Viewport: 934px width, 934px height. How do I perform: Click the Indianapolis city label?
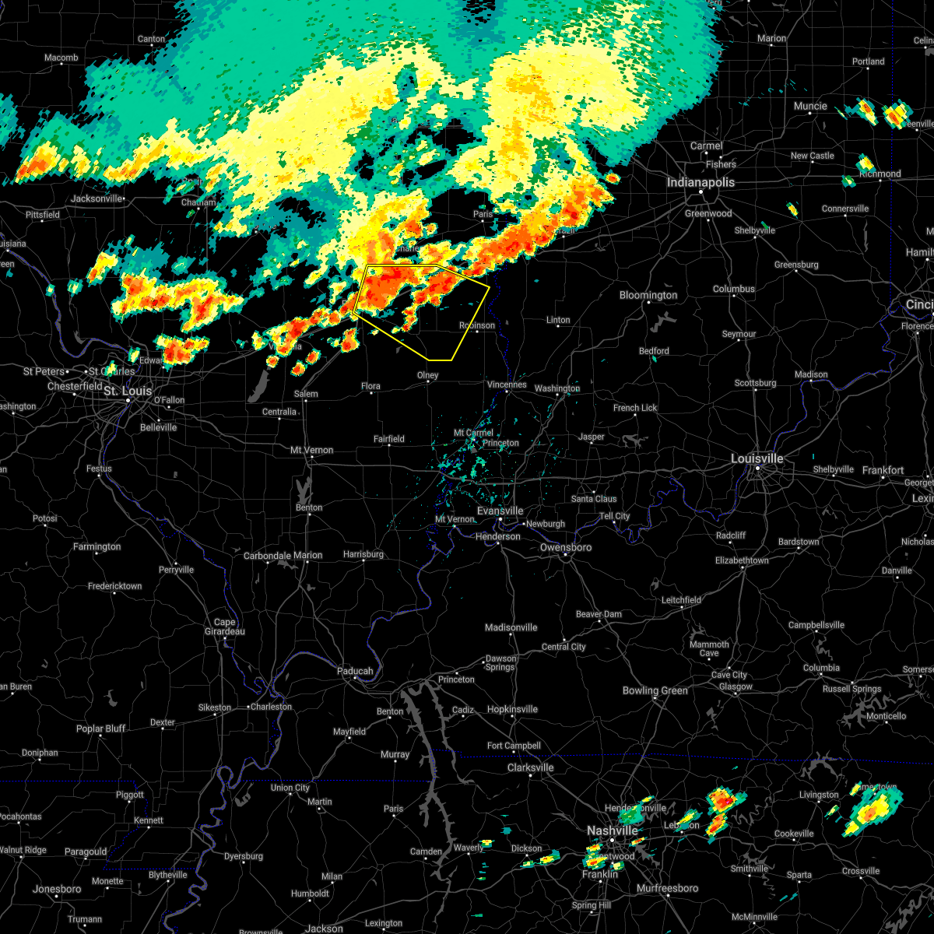point(700,183)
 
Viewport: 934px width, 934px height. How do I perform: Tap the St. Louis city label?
point(128,391)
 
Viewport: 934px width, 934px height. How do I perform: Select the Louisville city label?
point(757,459)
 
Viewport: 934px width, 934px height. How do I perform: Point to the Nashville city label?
point(613,831)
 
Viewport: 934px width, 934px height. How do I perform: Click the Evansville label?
point(500,511)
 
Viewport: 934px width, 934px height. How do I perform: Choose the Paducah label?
point(355,671)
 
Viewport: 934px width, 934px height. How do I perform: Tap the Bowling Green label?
point(655,690)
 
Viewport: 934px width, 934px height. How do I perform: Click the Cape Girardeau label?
point(224,627)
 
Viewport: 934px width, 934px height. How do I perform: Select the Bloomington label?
point(648,296)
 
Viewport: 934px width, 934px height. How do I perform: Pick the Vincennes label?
point(507,385)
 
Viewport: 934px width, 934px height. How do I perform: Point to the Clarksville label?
point(530,767)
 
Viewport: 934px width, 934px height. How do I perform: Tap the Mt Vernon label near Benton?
point(311,451)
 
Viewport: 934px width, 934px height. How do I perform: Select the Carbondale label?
point(267,556)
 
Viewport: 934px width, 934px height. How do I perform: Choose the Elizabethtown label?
point(742,560)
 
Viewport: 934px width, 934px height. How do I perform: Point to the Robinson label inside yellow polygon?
point(476,325)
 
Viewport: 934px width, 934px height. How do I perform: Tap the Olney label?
point(427,376)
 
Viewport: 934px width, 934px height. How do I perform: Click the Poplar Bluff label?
point(100,729)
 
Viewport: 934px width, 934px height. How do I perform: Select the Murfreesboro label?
point(667,888)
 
